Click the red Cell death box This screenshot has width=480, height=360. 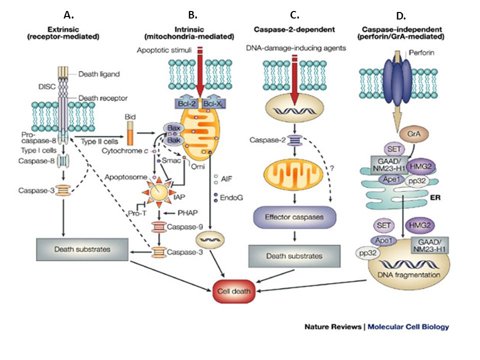234,291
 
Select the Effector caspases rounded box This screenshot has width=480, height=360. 294,217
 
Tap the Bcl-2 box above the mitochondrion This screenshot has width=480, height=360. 186,104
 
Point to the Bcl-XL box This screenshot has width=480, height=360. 213,104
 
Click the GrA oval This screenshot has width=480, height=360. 414,134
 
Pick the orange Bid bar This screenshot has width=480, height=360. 130,133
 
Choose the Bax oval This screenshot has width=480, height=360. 174,128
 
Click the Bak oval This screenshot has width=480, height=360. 173,140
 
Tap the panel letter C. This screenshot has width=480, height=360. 294,14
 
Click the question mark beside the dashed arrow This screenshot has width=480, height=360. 331,168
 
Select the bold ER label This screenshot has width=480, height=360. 435,198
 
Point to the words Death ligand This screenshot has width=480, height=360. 99,74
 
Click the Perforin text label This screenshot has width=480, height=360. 421,52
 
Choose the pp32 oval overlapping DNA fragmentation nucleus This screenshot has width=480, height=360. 366,253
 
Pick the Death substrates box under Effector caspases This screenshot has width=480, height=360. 294,256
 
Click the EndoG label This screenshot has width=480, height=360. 231,198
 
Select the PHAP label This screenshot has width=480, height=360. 187,213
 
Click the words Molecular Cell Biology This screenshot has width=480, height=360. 408,327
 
